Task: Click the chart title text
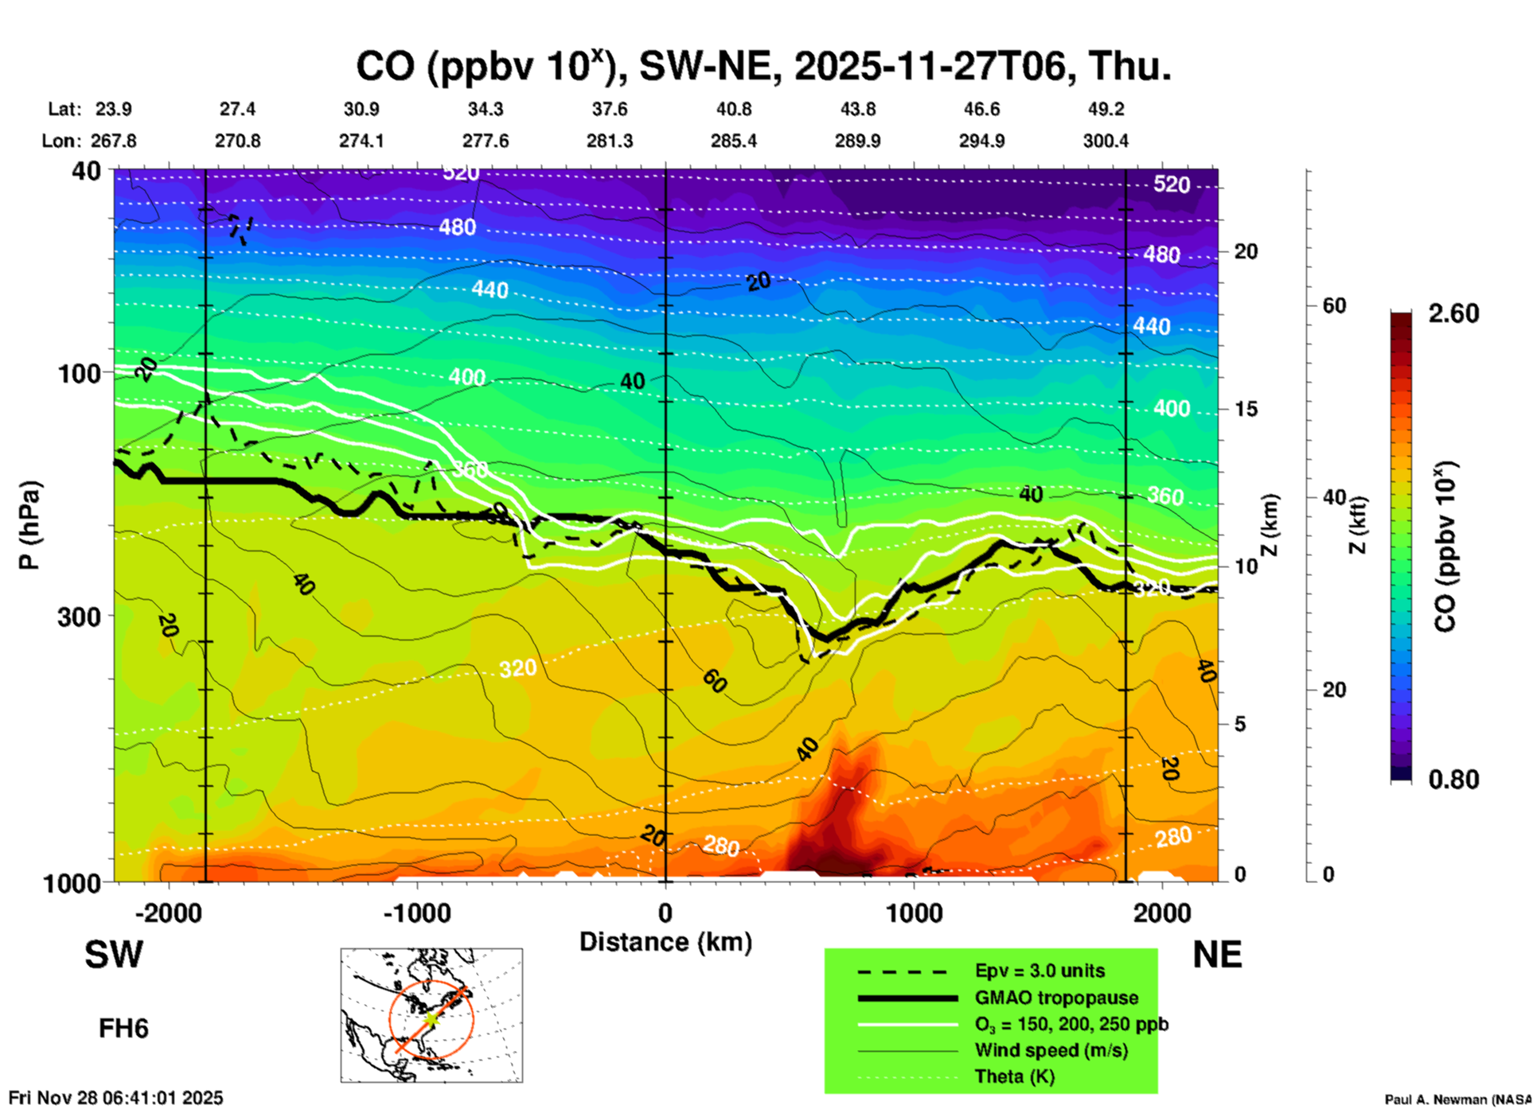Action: pos(763,67)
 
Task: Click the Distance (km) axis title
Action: pos(665,942)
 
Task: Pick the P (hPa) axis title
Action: pos(29,525)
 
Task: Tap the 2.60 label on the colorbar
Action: pos(1453,313)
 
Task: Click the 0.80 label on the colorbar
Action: pos(1453,779)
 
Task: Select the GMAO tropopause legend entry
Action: pos(1056,998)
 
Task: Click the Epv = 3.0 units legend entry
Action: pos(1040,971)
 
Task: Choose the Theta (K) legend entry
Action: pos(1014,1076)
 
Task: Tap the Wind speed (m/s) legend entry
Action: pos(1051,1050)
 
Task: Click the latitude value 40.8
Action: pos(733,109)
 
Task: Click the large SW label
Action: pos(114,955)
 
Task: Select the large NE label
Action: pos(1217,955)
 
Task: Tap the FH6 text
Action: pos(123,1029)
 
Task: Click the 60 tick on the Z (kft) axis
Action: pos(1334,305)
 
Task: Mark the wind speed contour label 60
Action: pos(714,681)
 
